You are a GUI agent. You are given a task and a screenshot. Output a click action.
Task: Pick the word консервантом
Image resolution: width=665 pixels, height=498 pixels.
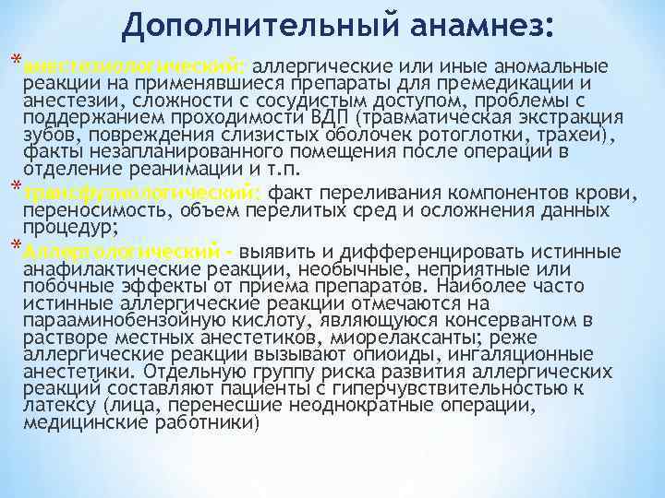514,319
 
